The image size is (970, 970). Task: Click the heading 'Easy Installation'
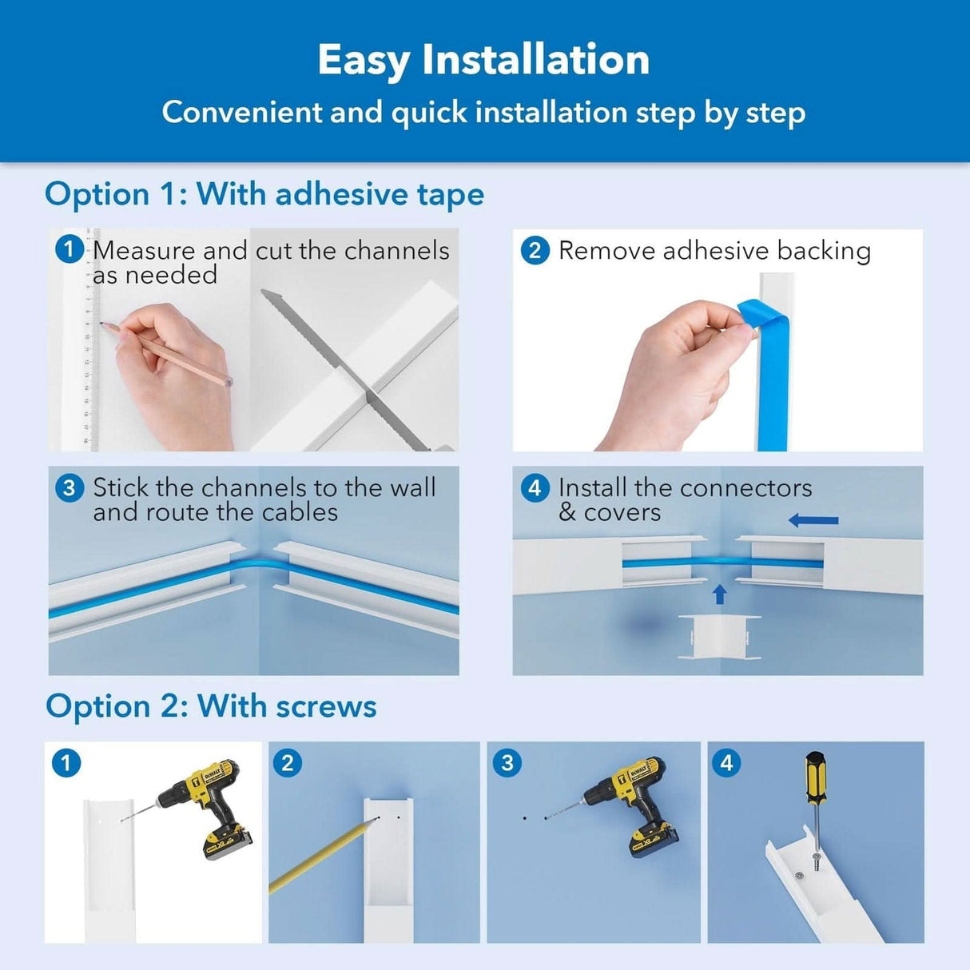(483, 60)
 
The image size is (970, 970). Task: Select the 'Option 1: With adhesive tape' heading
(264, 194)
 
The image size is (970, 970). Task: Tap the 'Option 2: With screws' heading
(211, 706)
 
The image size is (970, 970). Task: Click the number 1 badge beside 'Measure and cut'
(69, 249)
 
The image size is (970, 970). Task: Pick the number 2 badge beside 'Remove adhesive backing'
(535, 250)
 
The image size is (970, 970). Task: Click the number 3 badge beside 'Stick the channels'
(69, 487)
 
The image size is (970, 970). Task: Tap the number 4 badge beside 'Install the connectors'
(535, 487)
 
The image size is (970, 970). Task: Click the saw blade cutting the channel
(336, 360)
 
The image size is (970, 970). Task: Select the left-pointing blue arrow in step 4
(813, 521)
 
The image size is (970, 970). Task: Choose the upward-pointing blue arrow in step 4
(719, 594)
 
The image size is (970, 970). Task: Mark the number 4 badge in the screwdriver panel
(726, 763)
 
